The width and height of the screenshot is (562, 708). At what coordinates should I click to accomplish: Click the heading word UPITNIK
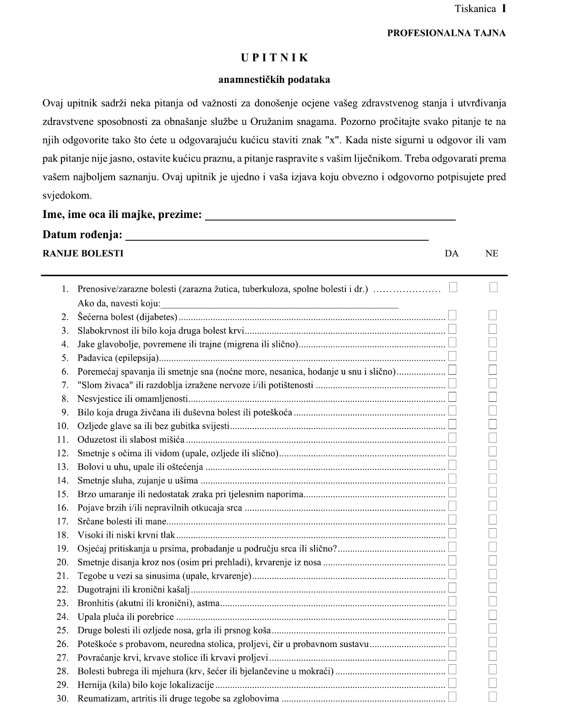pos(275,58)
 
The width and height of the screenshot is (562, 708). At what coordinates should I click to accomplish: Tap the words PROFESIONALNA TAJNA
pos(446,33)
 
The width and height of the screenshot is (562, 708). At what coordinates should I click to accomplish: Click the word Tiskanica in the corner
pos(475,9)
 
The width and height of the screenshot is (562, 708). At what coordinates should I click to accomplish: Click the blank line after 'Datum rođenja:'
pos(277,235)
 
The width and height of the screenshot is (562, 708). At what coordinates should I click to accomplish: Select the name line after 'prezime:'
pos(330,216)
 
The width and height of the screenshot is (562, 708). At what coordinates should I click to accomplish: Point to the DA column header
pos(452,253)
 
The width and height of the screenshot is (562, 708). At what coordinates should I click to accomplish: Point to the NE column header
pos(492,253)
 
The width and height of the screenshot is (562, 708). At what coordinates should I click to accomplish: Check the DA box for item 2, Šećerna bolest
pos(452,316)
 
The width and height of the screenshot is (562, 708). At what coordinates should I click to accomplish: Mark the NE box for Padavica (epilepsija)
pos(493,356)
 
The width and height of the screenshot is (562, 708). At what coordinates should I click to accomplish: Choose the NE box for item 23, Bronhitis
pos(493,602)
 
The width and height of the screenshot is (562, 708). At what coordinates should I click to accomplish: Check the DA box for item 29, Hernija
pos(452,683)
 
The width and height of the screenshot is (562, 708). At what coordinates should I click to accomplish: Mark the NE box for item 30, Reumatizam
pos(493,697)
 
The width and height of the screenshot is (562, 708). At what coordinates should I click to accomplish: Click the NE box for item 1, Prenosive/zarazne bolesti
pos(493,287)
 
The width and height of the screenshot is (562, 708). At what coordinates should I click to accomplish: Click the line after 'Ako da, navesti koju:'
pos(280,304)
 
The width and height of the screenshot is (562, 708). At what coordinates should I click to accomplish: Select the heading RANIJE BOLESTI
pos(83,253)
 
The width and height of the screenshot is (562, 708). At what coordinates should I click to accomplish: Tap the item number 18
pos(62,535)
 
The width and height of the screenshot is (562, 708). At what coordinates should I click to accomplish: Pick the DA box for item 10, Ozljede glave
pos(452,424)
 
